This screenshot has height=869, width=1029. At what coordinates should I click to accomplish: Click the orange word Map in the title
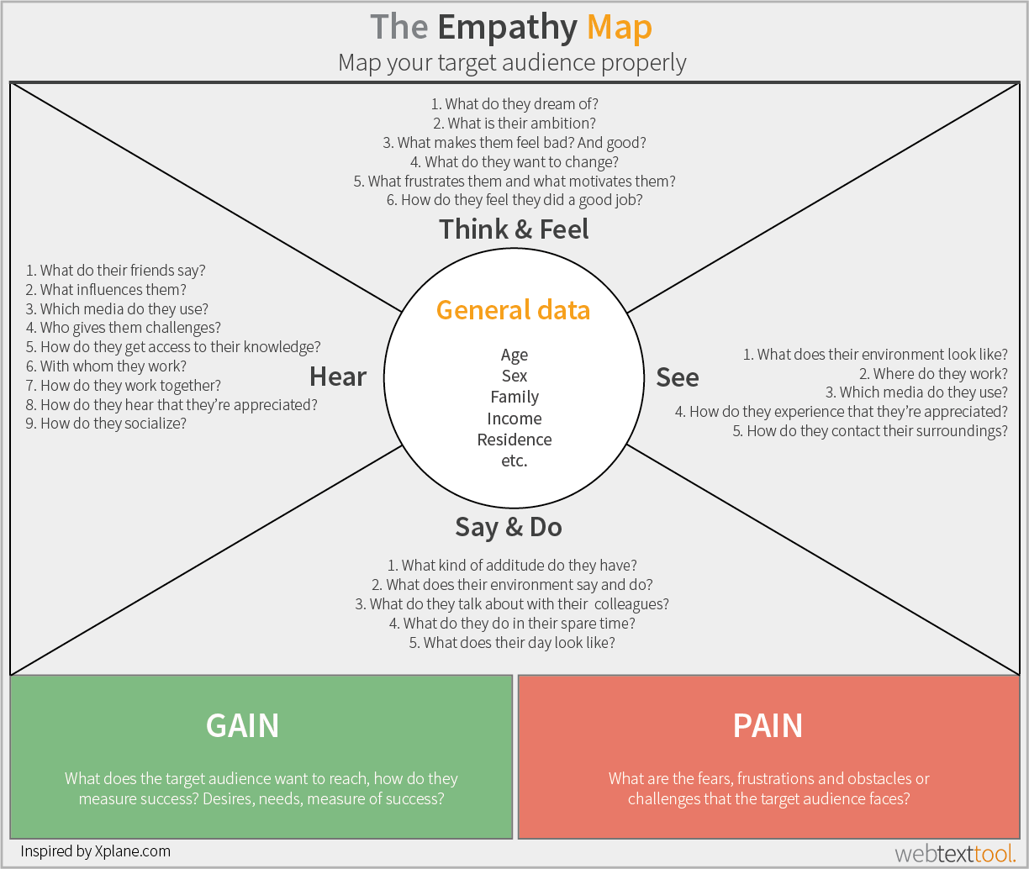(619, 29)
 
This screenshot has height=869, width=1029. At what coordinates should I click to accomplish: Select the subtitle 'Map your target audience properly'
(512, 63)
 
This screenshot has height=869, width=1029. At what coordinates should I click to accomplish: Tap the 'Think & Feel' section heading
(514, 229)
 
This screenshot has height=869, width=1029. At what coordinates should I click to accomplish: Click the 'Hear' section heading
(337, 377)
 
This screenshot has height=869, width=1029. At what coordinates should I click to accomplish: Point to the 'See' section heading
(677, 377)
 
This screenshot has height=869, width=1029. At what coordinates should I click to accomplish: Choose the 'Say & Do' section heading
(508, 527)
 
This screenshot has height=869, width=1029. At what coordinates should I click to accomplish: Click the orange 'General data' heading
(513, 310)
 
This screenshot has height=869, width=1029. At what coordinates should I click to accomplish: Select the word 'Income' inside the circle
(514, 419)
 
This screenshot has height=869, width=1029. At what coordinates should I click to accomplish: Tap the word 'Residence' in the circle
(514, 440)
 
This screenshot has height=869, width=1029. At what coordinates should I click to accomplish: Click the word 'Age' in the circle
(514, 355)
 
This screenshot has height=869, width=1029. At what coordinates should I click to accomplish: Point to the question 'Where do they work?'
(932, 374)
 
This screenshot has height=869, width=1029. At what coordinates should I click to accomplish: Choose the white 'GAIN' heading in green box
(242, 725)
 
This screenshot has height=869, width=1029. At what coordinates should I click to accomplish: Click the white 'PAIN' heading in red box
(768, 725)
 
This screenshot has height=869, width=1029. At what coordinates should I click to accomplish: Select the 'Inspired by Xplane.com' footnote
(95, 851)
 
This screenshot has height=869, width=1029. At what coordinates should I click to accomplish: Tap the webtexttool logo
(955, 854)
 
